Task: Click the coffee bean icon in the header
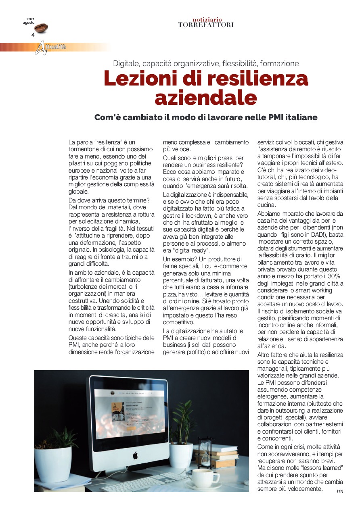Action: [x=41, y=28]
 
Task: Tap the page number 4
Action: [x=33, y=35]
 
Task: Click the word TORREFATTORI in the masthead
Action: [x=206, y=25]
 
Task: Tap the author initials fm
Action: [x=340, y=491]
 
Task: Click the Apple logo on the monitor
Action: [x=136, y=455]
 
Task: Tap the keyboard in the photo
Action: [x=145, y=482]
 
